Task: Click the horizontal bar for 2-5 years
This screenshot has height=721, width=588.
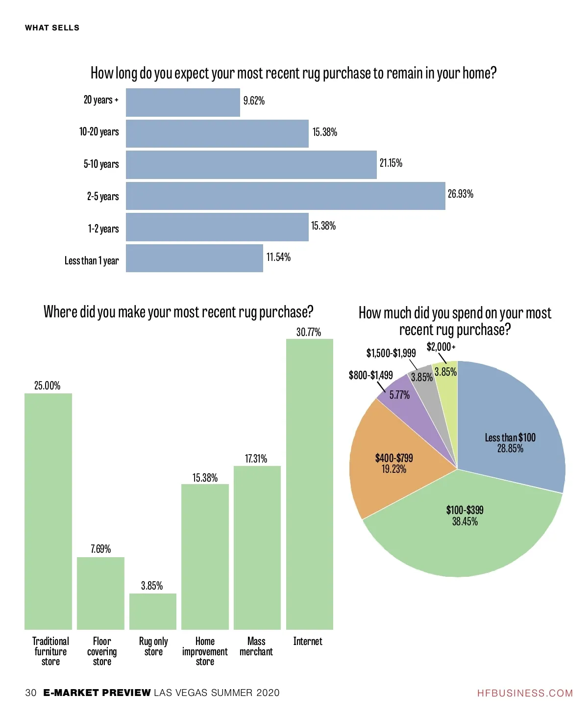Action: [x=285, y=196]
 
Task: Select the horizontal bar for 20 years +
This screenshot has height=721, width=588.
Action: [x=183, y=103]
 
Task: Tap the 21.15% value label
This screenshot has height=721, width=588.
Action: [x=391, y=163]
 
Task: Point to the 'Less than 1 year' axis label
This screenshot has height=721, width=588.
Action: [x=92, y=260]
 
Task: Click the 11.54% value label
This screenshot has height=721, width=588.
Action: [x=278, y=257]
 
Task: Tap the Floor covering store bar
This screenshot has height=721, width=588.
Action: [x=100, y=593]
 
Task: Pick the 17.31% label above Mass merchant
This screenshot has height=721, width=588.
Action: [x=256, y=459]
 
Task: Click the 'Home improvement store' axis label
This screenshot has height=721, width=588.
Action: [x=205, y=651]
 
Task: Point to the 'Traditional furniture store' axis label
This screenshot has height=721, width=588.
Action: [x=50, y=651]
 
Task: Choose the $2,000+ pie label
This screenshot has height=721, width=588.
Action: [x=441, y=347]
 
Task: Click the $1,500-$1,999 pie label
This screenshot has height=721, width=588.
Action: [x=391, y=353]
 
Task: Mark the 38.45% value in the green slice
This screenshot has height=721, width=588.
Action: [x=465, y=521]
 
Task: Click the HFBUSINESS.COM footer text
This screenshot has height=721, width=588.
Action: [x=525, y=693]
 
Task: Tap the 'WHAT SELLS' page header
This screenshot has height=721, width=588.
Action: [x=52, y=28]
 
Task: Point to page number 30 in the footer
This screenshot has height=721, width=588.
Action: [x=31, y=693]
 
